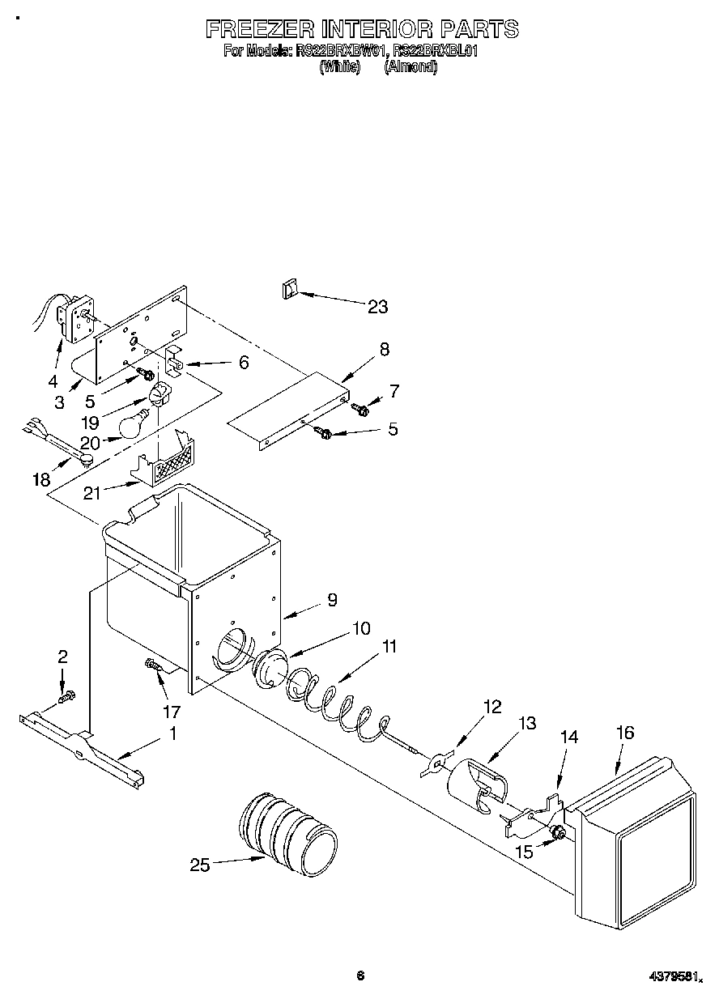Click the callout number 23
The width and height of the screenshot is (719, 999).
tap(377, 307)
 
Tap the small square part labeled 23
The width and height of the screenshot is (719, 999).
tap(289, 289)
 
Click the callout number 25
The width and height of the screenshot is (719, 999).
tap(199, 865)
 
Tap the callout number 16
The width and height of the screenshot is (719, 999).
tap(624, 733)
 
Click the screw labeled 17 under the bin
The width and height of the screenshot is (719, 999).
tap(154, 665)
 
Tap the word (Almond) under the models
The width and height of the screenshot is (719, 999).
tap(411, 68)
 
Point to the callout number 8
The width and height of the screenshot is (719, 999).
tap(384, 349)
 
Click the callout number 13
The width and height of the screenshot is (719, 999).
tap(527, 723)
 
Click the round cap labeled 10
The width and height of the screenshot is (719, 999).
tap(271, 669)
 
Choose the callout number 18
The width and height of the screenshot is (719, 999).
tap(41, 480)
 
